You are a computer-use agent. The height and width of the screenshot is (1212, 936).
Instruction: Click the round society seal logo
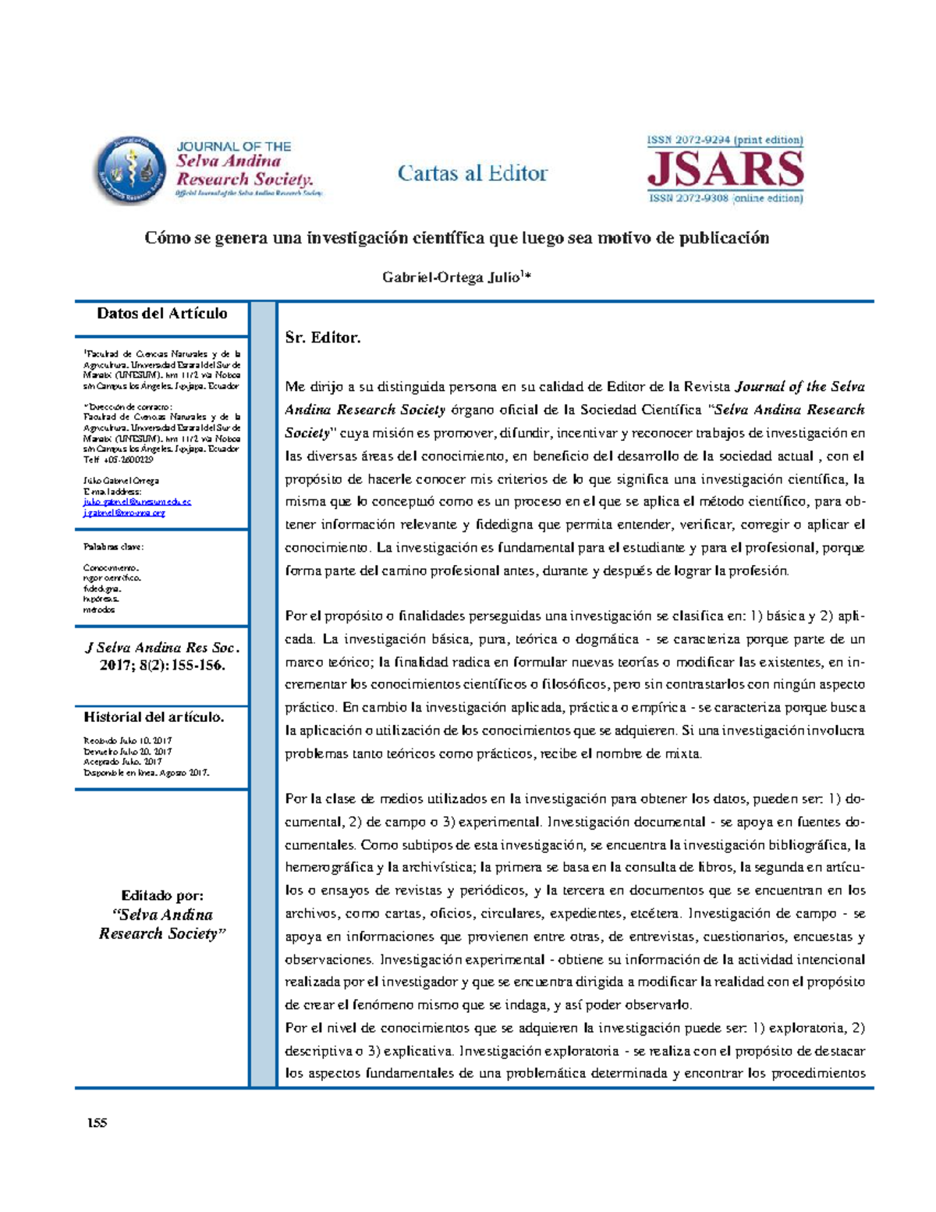[x=131, y=171]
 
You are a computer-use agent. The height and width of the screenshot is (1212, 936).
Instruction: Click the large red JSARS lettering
[x=725, y=169]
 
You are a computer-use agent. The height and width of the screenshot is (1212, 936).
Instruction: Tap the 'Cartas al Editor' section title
[x=473, y=173]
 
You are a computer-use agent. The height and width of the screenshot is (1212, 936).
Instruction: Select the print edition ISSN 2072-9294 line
[x=725, y=140]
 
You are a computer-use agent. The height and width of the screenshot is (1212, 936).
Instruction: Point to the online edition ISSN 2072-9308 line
[x=725, y=198]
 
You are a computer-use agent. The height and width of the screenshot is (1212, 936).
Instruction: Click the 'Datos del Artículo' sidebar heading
[x=162, y=314]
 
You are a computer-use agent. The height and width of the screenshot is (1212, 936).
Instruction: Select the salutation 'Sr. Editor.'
[x=323, y=338]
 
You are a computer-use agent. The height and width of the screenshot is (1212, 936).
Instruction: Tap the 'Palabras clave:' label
[x=114, y=546]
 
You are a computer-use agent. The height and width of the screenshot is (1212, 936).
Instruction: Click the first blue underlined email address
[x=137, y=502]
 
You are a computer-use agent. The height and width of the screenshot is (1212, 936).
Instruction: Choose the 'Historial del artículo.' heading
[x=154, y=716]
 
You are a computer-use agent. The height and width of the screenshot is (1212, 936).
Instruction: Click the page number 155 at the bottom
[x=97, y=1123]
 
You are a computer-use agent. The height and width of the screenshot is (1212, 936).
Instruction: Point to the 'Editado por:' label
[x=162, y=895]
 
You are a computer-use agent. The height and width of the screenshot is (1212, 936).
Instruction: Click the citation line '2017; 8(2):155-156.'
[x=162, y=666]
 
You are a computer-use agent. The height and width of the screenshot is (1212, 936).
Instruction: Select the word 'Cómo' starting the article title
[x=167, y=238]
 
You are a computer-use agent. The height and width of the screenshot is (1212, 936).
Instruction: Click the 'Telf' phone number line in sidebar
[x=118, y=460]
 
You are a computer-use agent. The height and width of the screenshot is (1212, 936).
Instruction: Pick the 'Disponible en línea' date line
[x=146, y=773]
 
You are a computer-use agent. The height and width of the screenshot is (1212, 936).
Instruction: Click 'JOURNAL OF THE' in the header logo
[x=233, y=147]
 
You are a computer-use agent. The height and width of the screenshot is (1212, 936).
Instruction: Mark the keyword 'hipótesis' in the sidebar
[x=101, y=599]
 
